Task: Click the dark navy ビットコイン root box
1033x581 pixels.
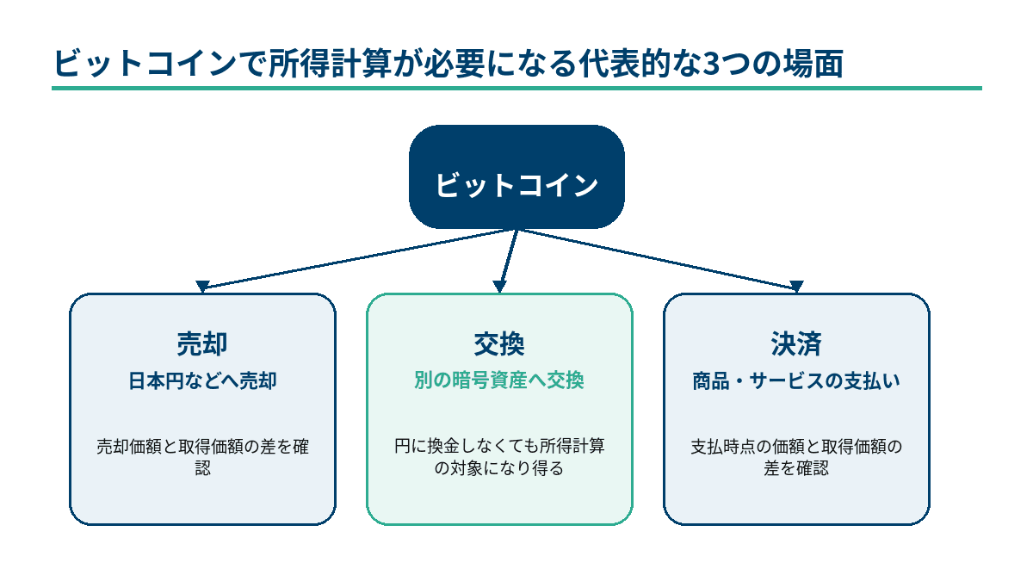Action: tap(516, 176)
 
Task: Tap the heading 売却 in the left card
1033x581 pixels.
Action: tap(202, 344)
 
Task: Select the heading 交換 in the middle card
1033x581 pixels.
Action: tap(499, 344)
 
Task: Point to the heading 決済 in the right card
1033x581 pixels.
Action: tap(796, 344)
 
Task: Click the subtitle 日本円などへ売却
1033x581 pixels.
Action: tap(202, 381)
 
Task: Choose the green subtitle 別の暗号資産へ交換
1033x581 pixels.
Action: tap(499, 380)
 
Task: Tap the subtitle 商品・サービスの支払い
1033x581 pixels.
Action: tap(796, 381)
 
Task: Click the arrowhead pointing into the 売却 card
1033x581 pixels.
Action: tap(202, 287)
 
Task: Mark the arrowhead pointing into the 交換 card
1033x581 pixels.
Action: tap(499, 287)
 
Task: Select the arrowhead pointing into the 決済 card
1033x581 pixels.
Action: tap(796, 287)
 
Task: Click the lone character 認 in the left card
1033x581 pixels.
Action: tap(203, 468)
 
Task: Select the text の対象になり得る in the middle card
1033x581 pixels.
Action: tap(499, 468)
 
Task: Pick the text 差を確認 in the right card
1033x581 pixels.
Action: tap(796, 468)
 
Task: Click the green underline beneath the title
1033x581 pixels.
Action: tap(516, 88)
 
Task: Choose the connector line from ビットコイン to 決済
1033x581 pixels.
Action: tap(657, 258)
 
